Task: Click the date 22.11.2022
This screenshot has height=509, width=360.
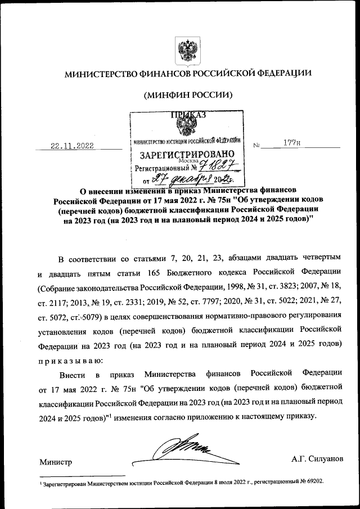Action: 72,146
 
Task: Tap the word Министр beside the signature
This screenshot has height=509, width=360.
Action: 56,462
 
